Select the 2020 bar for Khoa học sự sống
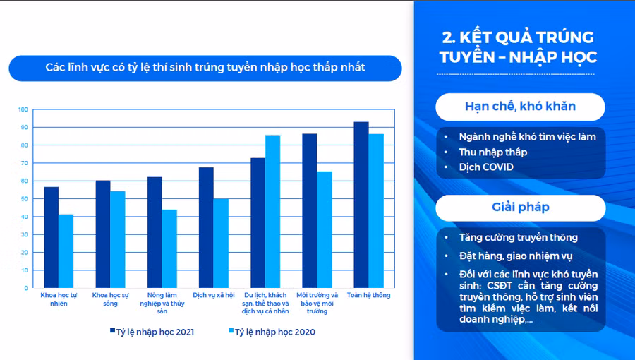point(117,239)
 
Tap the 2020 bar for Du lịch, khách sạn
point(272,211)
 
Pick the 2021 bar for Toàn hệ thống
point(361,205)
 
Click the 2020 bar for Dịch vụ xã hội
point(221,243)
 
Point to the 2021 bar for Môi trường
point(309,210)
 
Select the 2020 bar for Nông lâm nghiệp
point(169,248)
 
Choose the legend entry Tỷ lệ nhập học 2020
point(272,331)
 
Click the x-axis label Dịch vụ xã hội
point(213,294)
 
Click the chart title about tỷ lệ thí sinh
point(205,68)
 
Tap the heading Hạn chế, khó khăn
point(520,107)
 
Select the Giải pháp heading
point(520,208)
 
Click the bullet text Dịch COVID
point(486,167)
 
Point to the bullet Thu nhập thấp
point(492,152)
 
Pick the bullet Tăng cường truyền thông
point(518,237)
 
